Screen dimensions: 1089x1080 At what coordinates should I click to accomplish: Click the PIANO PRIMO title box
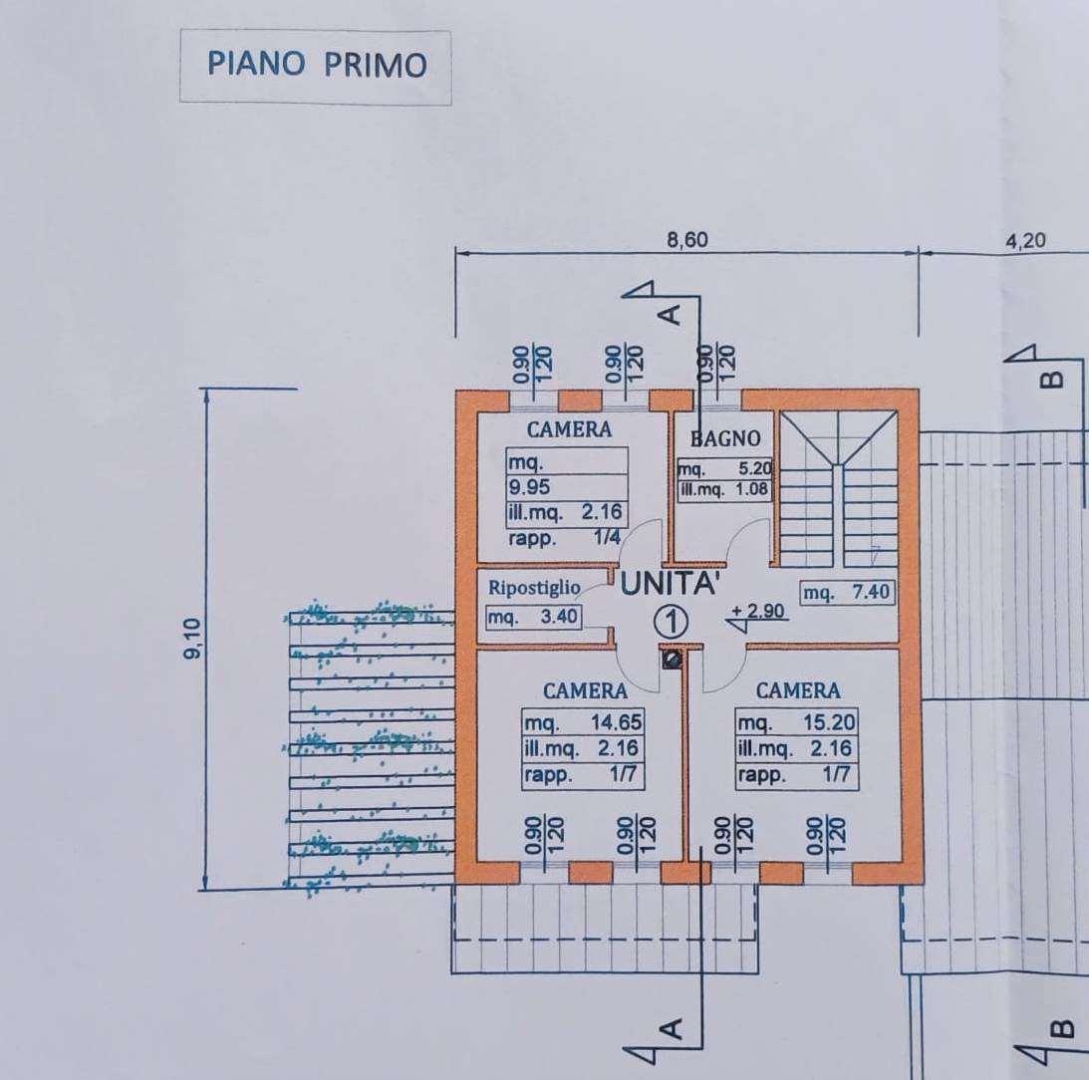[315, 67]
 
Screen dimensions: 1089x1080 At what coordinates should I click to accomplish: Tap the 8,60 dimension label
[686, 240]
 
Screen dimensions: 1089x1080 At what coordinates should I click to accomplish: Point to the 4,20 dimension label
[1025, 240]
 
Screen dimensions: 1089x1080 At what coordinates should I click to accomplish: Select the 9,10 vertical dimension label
[192, 638]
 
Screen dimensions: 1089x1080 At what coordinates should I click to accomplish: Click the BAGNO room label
[725, 438]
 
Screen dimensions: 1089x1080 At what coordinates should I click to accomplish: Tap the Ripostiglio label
[534, 588]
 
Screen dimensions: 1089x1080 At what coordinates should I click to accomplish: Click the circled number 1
[672, 622]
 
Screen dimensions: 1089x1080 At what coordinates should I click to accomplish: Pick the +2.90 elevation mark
[757, 611]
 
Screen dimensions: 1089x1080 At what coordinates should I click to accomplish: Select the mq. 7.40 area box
[847, 593]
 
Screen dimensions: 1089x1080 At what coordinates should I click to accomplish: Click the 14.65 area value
[616, 722]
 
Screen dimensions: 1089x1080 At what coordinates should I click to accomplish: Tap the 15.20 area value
[829, 722]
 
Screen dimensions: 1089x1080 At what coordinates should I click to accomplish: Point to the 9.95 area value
[528, 486]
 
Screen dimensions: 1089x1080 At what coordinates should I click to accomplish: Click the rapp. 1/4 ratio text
[564, 538]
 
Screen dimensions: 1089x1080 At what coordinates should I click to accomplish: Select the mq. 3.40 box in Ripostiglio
[533, 616]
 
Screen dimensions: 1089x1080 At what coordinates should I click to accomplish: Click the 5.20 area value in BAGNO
[755, 468]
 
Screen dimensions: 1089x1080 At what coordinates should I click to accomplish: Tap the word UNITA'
[669, 584]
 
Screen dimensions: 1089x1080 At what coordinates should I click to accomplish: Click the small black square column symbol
[672, 659]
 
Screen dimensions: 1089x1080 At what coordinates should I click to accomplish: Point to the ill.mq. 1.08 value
[724, 489]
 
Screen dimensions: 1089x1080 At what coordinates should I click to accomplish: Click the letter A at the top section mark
[671, 315]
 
